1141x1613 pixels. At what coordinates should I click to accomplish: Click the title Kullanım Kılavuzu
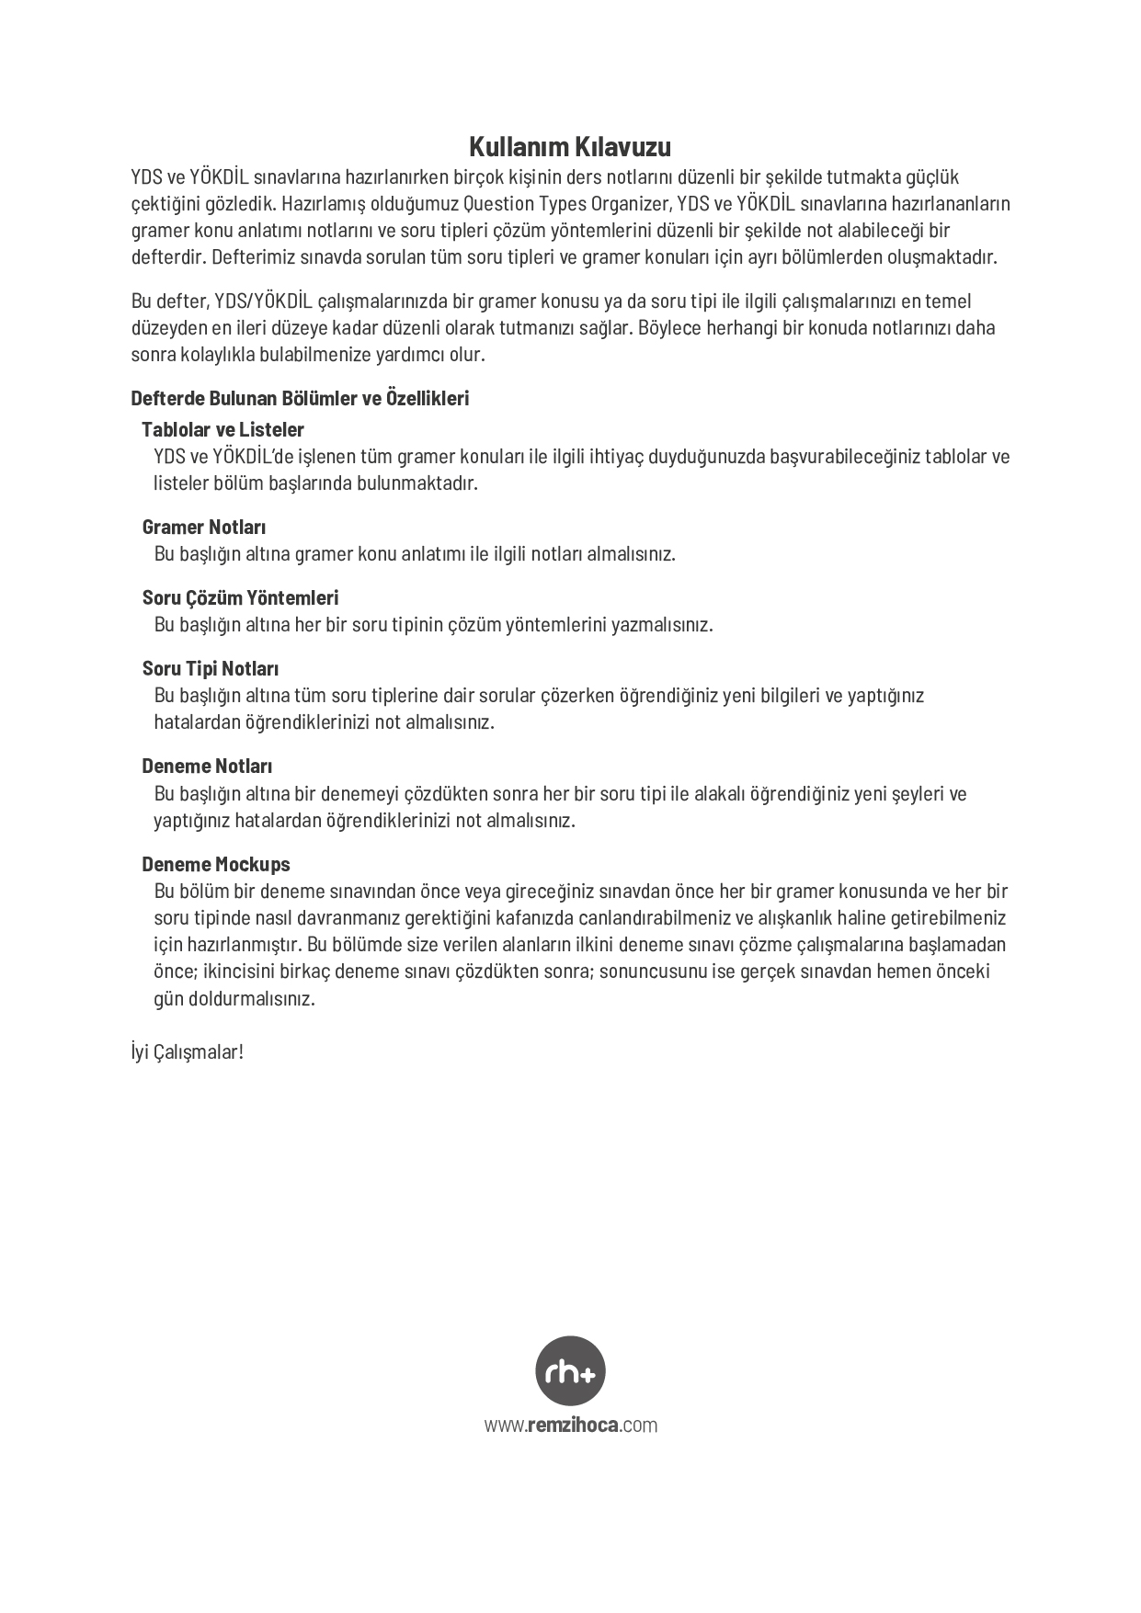570,147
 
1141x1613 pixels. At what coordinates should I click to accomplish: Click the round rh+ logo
570,1370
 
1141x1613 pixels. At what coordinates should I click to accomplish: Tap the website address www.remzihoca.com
570,1426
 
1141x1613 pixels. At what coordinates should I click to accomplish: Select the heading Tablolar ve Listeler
222,429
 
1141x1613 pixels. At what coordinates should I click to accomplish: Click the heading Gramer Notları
203,528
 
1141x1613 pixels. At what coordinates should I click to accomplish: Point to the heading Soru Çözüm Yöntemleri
240,598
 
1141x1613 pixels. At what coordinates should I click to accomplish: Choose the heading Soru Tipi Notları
210,669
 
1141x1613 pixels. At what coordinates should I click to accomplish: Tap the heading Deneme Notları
207,767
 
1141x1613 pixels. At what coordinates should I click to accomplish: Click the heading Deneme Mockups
215,865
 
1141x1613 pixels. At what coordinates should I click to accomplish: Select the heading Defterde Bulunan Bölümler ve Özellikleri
300,398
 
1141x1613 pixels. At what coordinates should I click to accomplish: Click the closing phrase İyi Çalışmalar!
187,1051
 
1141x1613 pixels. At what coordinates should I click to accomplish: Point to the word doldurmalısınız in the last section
252,999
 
